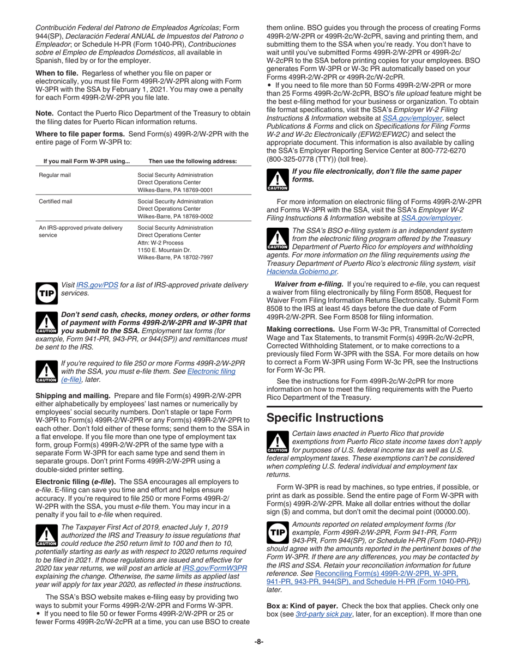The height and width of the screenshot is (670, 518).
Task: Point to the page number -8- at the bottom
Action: (x=259, y=642)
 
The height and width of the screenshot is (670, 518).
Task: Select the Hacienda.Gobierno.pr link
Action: (x=302, y=271)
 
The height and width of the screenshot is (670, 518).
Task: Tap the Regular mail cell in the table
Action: (x=55, y=175)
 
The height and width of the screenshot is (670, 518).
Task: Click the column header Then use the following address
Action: (x=192, y=161)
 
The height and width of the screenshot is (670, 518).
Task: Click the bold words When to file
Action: (x=57, y=73)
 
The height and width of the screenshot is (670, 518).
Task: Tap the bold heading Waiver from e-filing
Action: (x=308, y=284)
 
